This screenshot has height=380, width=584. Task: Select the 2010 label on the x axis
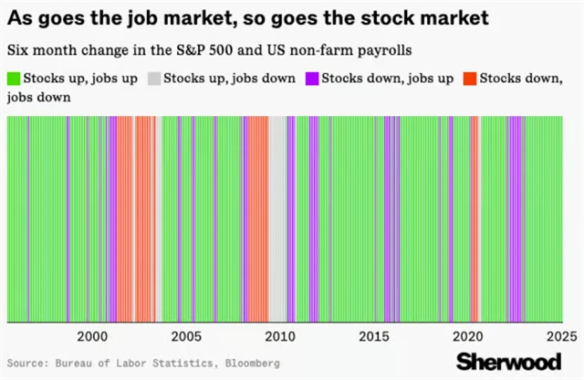[x=281, y=335]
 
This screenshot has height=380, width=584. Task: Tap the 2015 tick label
[x=375, y=335]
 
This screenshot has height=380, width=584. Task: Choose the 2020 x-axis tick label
[x=469, y=335]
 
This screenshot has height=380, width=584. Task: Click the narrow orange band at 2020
[x=474, y=219]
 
